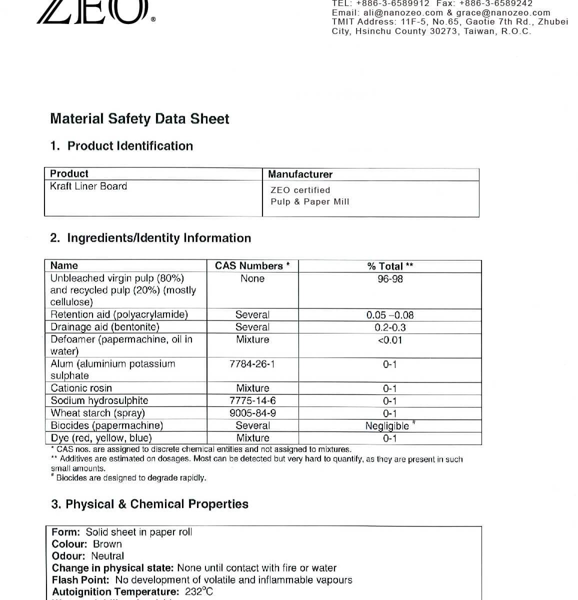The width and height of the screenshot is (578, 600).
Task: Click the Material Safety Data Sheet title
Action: coord(139,119)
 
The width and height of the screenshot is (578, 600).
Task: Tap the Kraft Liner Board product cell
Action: coord(88,186)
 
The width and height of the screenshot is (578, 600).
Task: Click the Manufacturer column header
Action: coord(300,174)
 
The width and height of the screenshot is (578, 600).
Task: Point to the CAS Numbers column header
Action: coord(252,265)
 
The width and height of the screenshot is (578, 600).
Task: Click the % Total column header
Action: coord(390,266)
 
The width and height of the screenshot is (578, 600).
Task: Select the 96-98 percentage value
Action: coord(390,279)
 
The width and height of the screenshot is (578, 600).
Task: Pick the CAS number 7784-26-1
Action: coord(252,364)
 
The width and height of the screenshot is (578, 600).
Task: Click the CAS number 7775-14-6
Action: coord(252,400)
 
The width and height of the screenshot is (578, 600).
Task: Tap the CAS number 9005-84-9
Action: coord(252,413)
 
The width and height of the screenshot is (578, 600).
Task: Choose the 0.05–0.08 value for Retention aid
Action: coord(390,315)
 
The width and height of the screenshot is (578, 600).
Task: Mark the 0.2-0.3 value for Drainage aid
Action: coord(390,327)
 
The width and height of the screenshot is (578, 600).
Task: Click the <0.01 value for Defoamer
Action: coord(390,340)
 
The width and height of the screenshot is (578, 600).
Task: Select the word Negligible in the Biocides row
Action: coord(387,426)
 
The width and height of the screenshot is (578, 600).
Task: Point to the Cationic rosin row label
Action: coord(81,388)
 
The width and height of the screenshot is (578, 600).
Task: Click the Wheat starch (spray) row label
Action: coord(98,413)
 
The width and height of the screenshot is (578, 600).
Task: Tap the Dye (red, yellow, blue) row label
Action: coord(101,438)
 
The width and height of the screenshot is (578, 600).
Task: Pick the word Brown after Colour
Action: coord(107,544)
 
